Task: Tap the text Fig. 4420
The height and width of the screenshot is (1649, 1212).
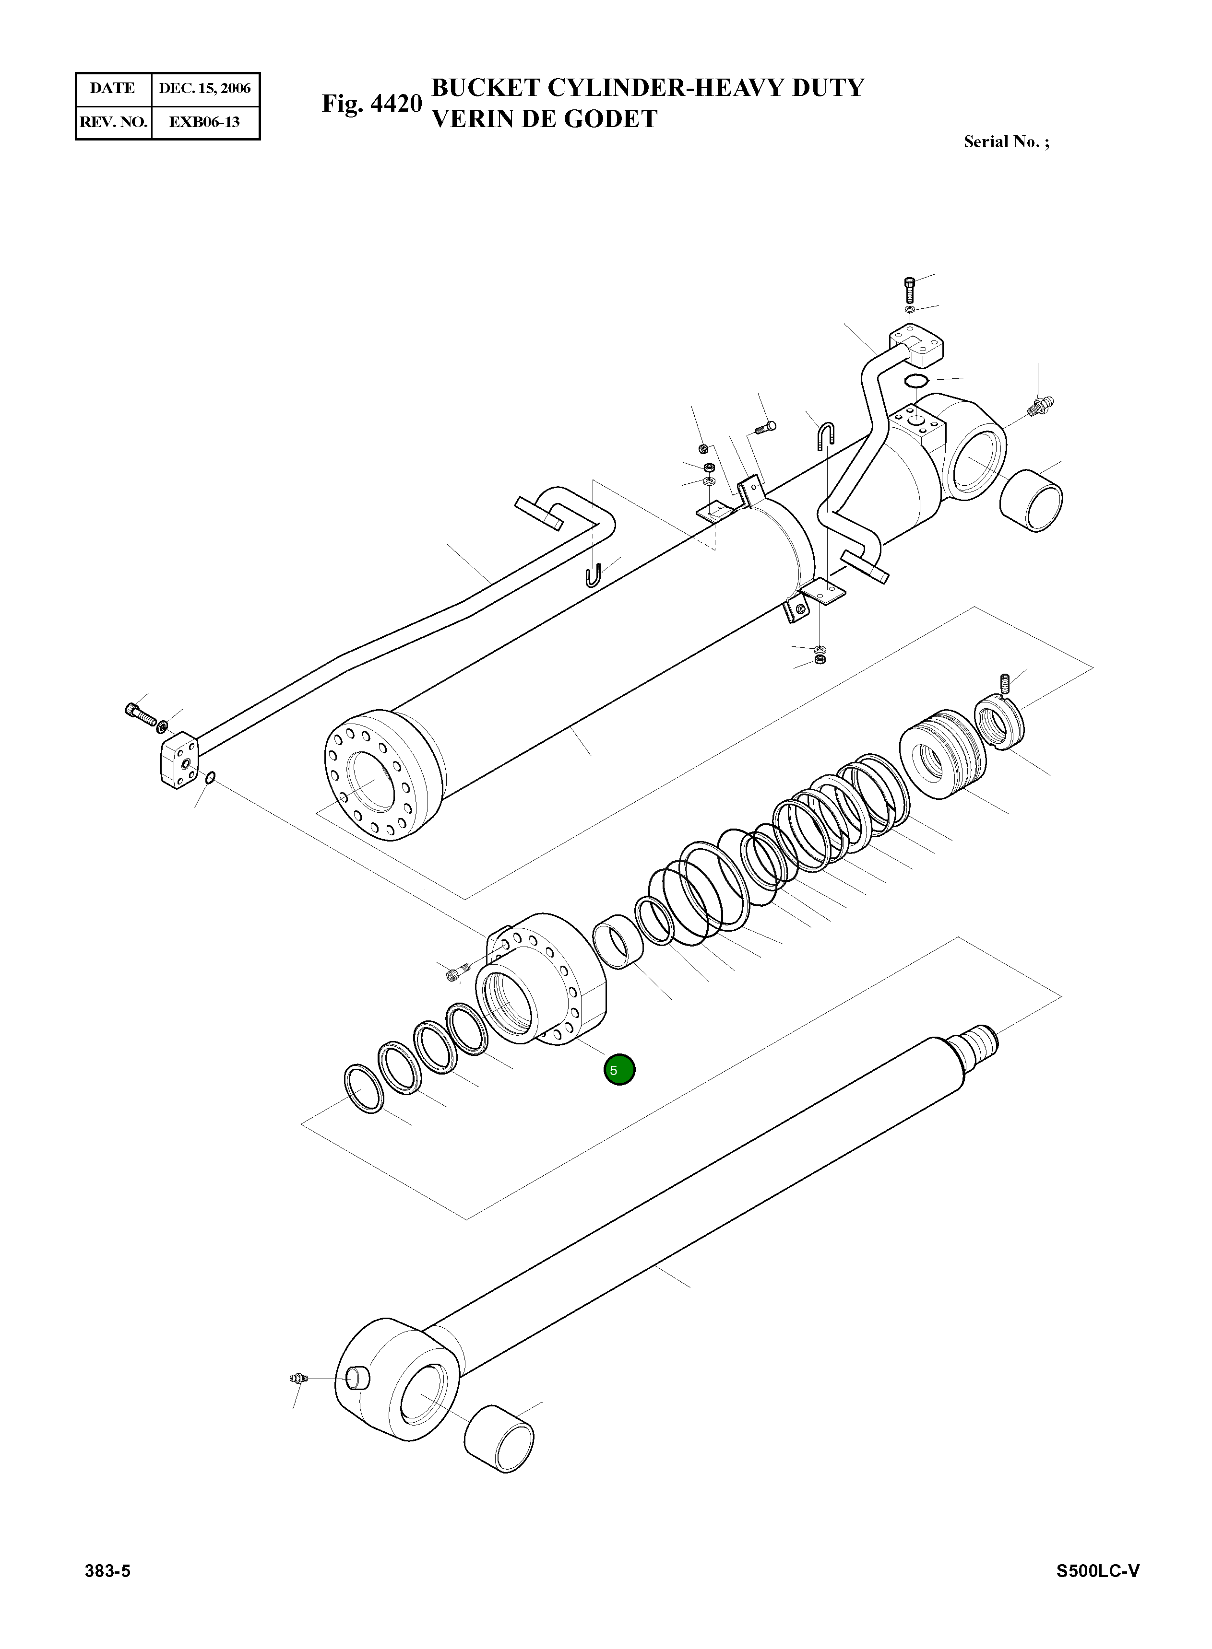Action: (x=371, y=104)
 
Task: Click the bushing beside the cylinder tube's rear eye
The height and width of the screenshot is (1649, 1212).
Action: (x=1032, y=501)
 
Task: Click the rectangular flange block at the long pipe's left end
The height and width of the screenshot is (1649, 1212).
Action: (x=178, y=762)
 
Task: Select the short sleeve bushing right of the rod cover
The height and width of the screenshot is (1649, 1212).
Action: (x=618, y=941)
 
